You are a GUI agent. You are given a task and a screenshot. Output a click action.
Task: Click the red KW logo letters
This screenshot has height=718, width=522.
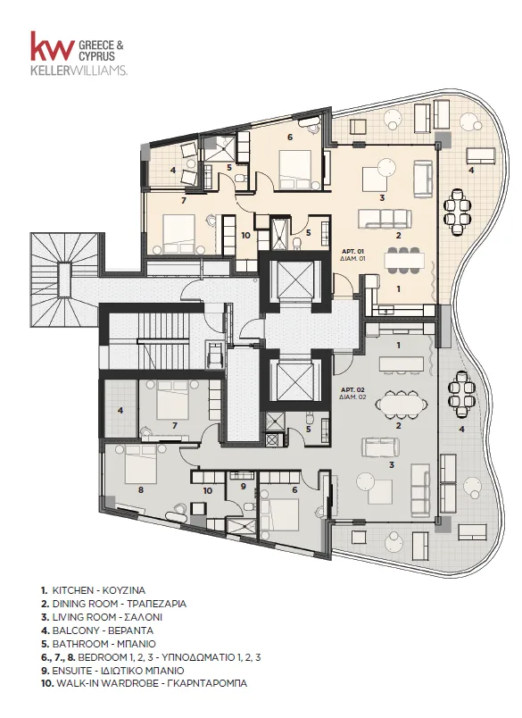[x=53, y=46]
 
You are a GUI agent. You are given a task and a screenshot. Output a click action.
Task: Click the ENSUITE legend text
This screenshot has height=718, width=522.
[x=70, y=671]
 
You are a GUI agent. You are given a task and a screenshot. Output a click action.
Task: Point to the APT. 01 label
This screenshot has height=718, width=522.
[x=352, y=252]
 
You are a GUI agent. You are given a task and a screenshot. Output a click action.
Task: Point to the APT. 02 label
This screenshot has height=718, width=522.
[x=352, y=389]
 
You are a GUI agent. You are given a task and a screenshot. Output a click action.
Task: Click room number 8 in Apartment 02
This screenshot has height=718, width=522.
[x=141, y=489]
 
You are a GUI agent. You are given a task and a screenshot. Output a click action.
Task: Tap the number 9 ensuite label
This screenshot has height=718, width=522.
[x=244, y=487]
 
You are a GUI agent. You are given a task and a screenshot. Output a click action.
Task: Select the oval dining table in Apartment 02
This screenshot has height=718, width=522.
[x=402, y=404]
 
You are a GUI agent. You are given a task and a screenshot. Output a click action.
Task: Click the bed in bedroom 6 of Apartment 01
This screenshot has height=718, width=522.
[x=295, y=170]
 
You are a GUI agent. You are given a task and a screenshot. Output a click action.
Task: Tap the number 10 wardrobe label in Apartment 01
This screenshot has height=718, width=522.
[x=245, y=236]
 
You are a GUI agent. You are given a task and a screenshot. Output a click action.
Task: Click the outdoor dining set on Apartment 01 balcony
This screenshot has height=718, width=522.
[x=459, y=212]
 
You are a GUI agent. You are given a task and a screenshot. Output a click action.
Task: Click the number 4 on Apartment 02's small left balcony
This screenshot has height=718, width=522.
[x=120, y=411]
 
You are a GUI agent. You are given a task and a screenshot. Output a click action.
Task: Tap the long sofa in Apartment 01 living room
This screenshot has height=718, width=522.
[x=385, y=219]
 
